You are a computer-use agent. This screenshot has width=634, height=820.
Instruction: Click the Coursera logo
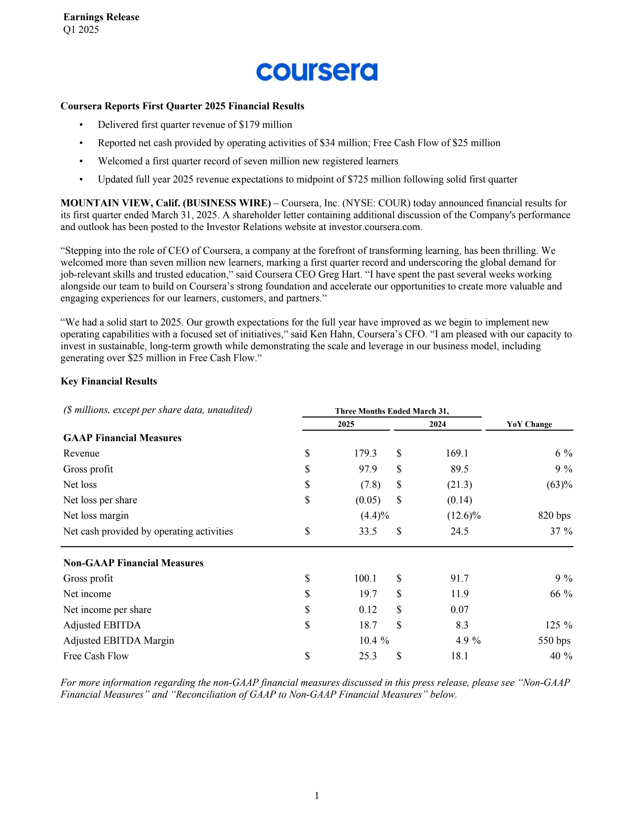[x=317, y=72]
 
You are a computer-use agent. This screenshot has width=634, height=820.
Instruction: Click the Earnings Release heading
[x=101, y=17]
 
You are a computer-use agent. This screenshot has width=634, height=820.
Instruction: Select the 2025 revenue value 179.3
[x=365, y=453]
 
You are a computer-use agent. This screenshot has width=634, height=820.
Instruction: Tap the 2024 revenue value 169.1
[x=457, y=453]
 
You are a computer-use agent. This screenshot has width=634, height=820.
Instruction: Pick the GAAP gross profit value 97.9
[x=368, y=469]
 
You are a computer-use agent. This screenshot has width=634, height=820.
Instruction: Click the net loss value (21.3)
[x=459, y=485]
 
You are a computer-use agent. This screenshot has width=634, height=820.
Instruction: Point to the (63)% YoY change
[x=559, y=485]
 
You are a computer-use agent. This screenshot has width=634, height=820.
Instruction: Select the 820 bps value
[x=554, y=516]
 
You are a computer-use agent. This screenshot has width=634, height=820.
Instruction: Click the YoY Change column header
[x=529, y=424]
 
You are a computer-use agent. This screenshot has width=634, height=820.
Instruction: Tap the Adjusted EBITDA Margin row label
[x=118, y=641]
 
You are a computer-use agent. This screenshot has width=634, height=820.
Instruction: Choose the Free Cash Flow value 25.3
[x=368, y=656]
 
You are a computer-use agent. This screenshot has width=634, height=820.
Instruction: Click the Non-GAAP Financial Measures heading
[x=133, y=563]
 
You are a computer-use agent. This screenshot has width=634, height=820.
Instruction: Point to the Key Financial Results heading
[x=109, y=381]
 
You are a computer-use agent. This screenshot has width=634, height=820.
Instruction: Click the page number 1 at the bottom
[x=317, y=795]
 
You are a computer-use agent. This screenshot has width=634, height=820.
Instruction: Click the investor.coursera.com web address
[x=375, y=227]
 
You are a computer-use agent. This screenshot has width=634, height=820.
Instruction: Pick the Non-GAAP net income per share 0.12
[x=368, y=610]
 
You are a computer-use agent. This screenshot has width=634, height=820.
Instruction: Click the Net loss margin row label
[x=96, y=516]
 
